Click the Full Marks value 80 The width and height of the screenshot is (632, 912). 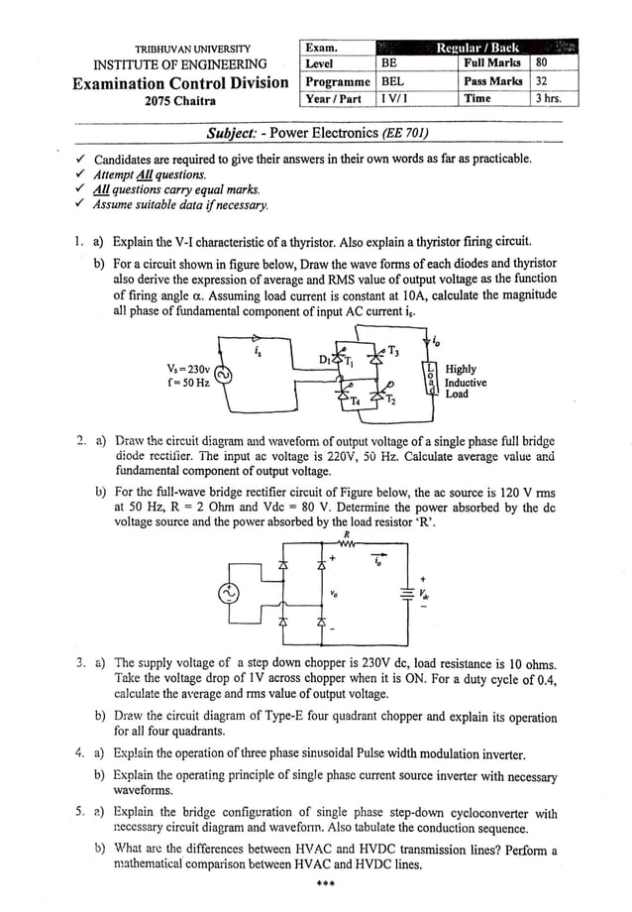[x=540, y=63]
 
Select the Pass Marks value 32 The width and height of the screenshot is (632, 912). [x=541, y=81]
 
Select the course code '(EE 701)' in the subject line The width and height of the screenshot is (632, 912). [x=407, y=133]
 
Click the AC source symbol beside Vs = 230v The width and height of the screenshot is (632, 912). [x=223, y=375]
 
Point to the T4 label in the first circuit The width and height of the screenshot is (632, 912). [x=355, y=401]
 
